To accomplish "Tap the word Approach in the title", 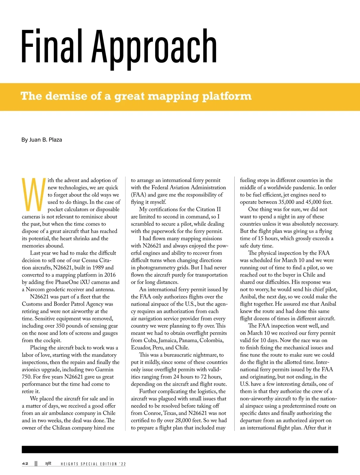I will tap(154, 48).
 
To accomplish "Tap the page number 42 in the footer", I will tap(25, 464).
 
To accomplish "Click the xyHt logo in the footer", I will tap(48, 463).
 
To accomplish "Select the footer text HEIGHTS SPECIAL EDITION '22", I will tap(93, 464).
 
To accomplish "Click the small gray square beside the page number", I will tap(36, 464).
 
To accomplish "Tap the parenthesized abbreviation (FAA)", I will tap(138, 195).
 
